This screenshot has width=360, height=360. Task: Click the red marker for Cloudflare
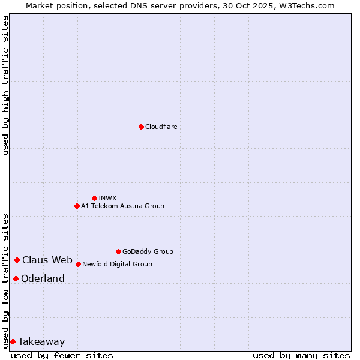141,127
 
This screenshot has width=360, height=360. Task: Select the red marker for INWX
94,198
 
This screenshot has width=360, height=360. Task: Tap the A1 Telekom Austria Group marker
77,206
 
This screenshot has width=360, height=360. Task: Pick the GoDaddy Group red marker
118,251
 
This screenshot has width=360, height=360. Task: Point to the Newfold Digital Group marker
78,264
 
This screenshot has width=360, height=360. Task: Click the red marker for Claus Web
17,260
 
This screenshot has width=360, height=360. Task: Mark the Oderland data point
16,278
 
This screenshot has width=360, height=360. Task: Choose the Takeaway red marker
13,341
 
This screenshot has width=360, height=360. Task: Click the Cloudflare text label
161,127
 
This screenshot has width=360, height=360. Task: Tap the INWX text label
107,198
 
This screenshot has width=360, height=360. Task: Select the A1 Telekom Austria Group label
122,206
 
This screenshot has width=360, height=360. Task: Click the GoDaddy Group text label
148,251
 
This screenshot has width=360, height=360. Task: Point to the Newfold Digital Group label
117,264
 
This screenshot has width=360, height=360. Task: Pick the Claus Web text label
47,260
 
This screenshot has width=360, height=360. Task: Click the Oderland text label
43,278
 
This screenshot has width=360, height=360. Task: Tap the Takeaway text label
41,341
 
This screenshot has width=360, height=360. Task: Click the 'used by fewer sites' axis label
62,355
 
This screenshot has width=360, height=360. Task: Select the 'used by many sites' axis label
301,355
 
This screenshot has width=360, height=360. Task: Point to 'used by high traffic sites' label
5,85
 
